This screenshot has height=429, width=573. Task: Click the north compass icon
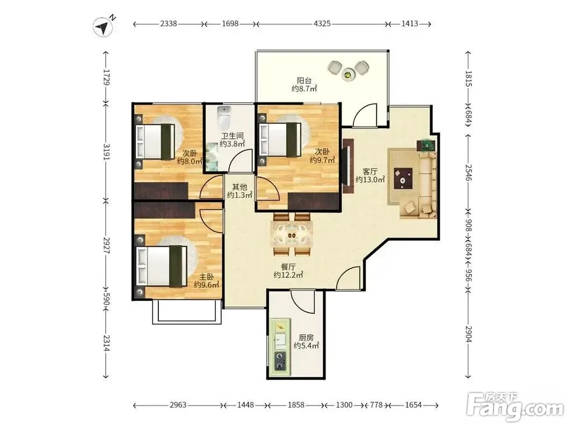point(103,27)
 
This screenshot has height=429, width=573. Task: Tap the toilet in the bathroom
point(223,117)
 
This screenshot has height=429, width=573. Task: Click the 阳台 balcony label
point(304,80)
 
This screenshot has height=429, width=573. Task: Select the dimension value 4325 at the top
point(322,24)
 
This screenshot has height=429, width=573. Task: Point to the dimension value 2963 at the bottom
point(178,405)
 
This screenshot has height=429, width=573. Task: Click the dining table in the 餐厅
point(292,235)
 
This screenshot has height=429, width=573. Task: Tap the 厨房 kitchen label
point(306,337)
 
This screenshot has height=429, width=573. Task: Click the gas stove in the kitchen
point(280,361)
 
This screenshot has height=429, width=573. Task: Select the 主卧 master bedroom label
point(206,277)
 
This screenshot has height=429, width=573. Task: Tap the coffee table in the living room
point(403,179)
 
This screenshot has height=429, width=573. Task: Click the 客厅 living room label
point(370,172)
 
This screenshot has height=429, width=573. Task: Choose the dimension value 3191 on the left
point(106,151)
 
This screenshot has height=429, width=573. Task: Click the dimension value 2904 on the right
point(468,333)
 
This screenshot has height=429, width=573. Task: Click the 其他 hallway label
point(240,187)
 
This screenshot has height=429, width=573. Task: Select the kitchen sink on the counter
point(280,341)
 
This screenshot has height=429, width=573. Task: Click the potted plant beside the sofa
point(426,145)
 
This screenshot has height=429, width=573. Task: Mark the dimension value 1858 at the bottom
point(296,405)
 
